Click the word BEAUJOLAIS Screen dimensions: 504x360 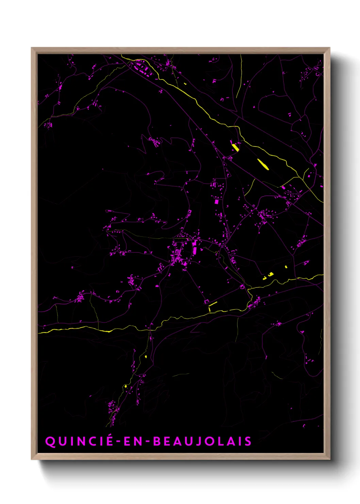coord(202,441)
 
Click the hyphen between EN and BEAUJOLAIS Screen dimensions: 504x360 coord(147,442)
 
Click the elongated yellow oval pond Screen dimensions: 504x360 coord(263,164)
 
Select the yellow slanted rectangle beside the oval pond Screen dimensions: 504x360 coord(235,147)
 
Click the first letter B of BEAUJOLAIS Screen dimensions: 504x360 coord(157,441)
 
